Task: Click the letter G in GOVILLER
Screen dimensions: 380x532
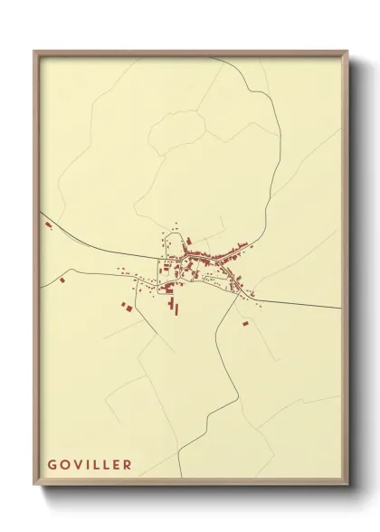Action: [x=52, y=465]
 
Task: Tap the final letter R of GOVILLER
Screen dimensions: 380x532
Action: [x=128, y=465]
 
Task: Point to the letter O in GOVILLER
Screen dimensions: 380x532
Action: [x=64, y=465]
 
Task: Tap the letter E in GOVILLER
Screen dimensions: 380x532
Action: [x=116, y=465]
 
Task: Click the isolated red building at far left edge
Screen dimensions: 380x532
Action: [x=48, y=223]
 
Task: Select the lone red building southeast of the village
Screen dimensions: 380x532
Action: [x=243, y=322]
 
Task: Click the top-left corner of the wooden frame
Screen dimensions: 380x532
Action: [x=35, y=52]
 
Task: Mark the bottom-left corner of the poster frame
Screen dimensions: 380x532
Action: [x=35, y=483]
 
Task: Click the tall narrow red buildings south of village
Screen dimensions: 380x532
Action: [x=176, y=309]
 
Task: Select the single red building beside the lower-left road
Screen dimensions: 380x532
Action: [x=62, y=282]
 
